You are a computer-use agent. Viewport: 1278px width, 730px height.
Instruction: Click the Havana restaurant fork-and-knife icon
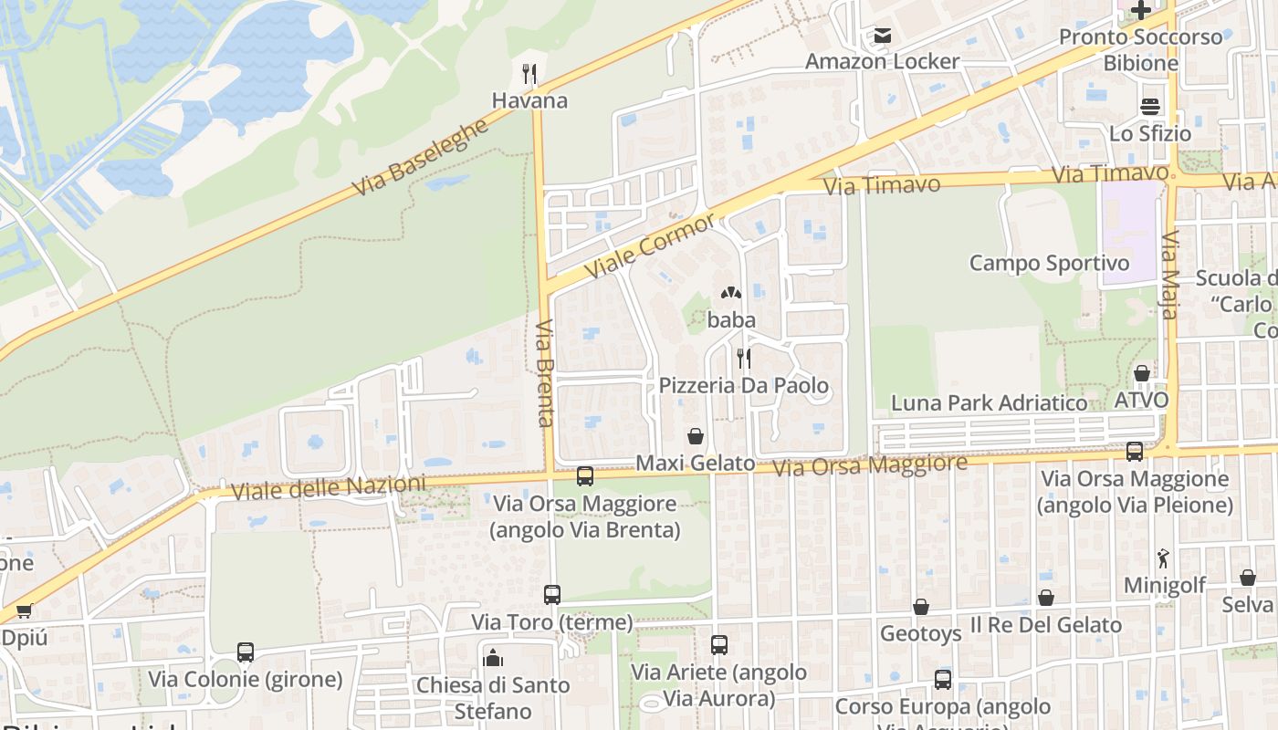click(529, 74)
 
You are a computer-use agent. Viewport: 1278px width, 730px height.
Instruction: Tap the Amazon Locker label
click(882, 61)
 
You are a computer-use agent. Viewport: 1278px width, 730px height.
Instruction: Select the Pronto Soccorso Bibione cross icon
click(1140, 11)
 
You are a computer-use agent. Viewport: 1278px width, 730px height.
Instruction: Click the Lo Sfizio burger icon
click(1150, 106)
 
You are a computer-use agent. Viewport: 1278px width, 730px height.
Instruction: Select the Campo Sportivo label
click(1049, 263)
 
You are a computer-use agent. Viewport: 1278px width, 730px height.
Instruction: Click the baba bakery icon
click(730, 294)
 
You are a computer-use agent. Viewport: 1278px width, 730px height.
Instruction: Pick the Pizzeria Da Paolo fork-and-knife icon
click(744, 358)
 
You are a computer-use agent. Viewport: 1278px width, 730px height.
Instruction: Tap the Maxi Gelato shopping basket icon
click(696, 436)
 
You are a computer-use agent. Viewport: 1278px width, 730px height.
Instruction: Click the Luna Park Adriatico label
click(989, 402)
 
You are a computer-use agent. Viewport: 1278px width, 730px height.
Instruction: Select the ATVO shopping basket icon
click(1141, 373)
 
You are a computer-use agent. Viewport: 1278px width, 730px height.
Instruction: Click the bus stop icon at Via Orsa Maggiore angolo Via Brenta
click(585, 476)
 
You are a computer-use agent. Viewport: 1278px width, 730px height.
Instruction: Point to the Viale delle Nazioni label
click(329, 488)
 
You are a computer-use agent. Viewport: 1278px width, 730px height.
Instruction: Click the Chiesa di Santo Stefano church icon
click(493, 657)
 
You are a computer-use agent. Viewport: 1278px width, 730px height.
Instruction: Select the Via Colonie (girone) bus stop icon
click(246, 652)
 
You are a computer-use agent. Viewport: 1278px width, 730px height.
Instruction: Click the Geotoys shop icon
click(921, 607)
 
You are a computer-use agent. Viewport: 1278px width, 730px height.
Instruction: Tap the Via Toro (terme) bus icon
click(552, 595)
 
